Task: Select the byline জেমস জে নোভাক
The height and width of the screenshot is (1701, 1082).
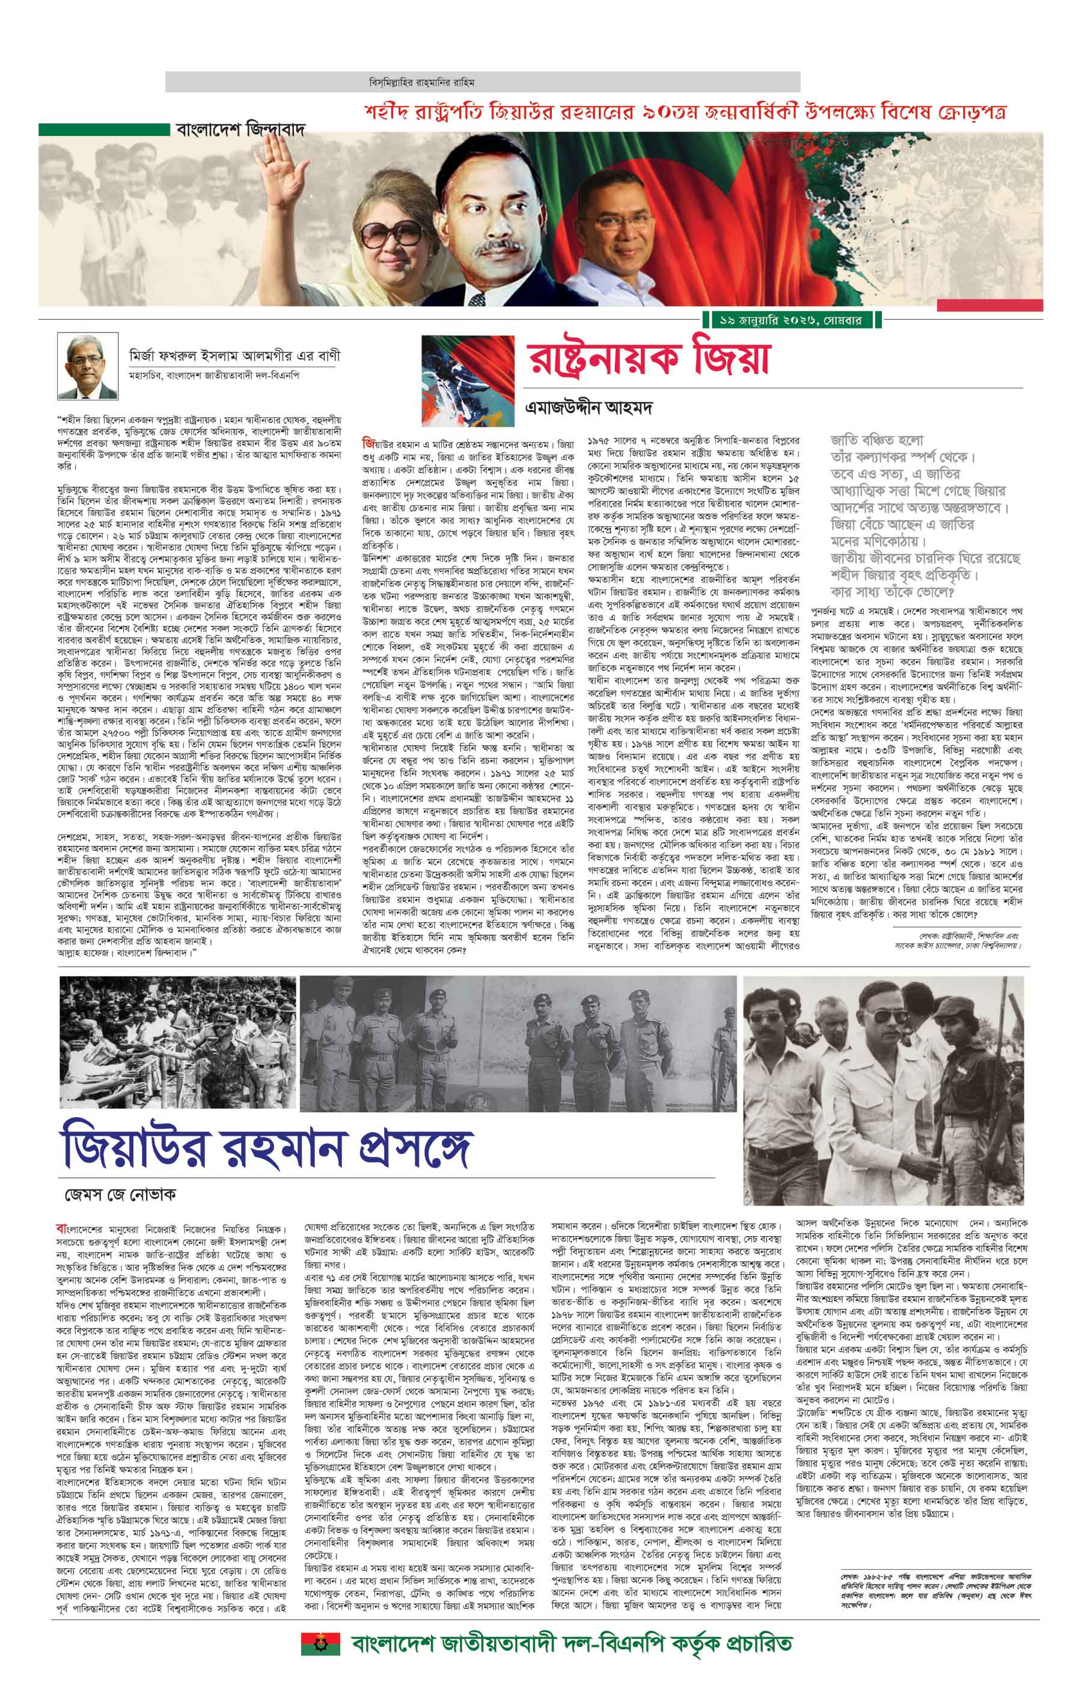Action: click(120, 1195)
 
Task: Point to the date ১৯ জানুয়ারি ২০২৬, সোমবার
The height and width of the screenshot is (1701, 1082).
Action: click(790, 320)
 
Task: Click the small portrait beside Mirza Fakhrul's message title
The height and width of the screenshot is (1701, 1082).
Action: click(88, 367)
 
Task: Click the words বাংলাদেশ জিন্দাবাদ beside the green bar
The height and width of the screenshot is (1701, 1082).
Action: click(240, 130)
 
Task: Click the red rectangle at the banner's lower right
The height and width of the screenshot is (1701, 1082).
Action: click(989, 305)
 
